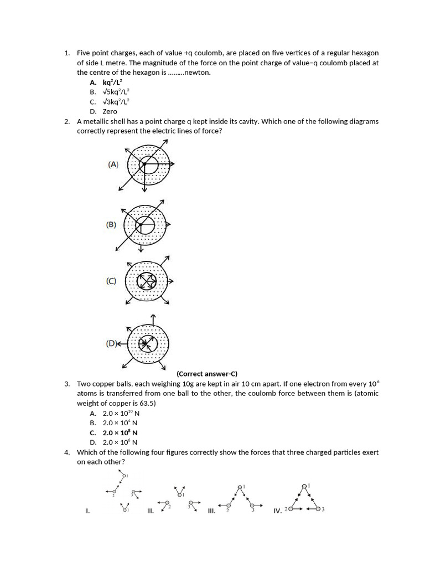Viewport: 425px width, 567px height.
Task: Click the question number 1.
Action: (x=66, y=53)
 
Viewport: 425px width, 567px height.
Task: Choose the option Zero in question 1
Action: (x=110, y=111)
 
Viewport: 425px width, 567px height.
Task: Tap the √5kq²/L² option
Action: (x=116, y=92)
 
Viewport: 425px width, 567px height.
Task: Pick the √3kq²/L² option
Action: (x=116, y=102)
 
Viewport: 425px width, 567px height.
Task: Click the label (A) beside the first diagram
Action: (x=113, y=164)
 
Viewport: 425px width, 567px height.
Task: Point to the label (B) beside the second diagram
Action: (x=111, y=225)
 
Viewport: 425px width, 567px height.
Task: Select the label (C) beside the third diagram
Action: (x=111, y=281)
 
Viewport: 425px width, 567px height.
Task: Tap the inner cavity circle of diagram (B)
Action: (x=145, y=225)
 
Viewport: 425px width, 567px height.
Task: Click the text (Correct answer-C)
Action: (x=207, y=374)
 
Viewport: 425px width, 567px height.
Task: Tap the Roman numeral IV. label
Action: (x=277, y=511)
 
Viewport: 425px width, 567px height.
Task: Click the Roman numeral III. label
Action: (x=211, y=511)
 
